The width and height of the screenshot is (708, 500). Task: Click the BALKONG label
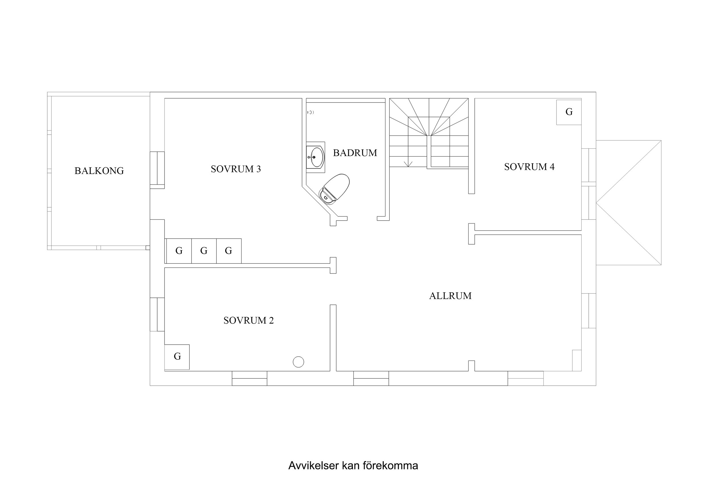(99, 171)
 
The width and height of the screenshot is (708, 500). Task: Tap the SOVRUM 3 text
(236, 169)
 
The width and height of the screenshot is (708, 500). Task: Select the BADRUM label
(355, 153)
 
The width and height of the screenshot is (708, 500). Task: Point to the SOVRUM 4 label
(529, 167)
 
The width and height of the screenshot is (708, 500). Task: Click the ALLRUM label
(450, 296)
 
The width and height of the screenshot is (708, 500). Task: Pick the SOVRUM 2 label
(248, 321)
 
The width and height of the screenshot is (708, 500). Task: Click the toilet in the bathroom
(335, 189)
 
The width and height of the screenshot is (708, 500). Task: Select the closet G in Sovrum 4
(569, 112)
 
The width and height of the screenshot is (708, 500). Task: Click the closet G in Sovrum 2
(177, 357)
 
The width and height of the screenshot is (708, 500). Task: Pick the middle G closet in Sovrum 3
(204, 251)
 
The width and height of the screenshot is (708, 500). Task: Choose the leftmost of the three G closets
(179, 251)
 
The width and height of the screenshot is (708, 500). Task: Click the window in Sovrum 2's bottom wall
(250, 378)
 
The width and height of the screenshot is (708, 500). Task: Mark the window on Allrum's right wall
(589, 310)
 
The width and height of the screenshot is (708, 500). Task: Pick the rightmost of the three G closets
(229, 251)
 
